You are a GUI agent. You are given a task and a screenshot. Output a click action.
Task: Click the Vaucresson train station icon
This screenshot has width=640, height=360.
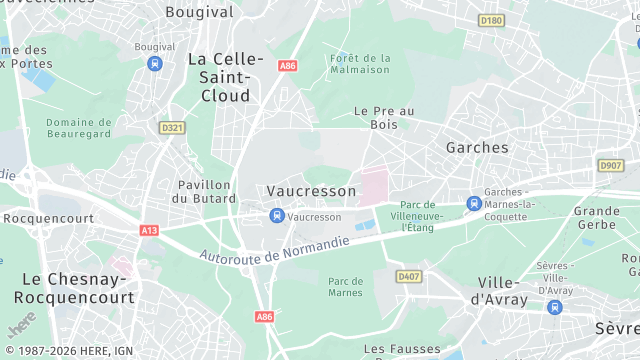pyautogui.click(x=276, y=216)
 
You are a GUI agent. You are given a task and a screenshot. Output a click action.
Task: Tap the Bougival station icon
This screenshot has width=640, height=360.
pyautogui.click(x=154, y=63)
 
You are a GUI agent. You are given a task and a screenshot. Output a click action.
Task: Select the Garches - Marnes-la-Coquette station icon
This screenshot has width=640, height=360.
pyautogui.click(x=474, y=203)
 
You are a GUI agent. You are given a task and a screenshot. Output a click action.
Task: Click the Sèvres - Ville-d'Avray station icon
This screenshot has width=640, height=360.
pyautogui.click(x=555, y=307)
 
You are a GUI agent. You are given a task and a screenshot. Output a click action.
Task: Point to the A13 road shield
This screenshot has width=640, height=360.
pyautogui.click(x=149, y=230)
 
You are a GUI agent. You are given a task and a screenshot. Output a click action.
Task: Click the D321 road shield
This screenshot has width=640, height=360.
pyautogui.click(x=172, y=128)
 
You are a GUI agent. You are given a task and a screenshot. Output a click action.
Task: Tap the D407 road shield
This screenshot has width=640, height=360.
pyautogui.click(x=407, y=276)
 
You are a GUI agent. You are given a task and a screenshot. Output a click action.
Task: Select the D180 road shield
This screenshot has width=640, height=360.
pyautogui.click(x=491, y=20)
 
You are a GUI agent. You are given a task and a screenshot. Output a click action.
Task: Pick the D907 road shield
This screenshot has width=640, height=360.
pyautogui.click(x=610, y=165)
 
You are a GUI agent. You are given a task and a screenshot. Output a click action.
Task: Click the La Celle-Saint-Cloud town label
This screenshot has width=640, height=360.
pyautogui.click(x=226, y=78)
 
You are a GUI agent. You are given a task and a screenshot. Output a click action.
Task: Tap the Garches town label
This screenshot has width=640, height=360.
pyautogui.click(x=477, y=147)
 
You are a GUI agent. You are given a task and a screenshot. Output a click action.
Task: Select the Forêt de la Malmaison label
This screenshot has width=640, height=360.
pyautogui.click(x=360, y=64)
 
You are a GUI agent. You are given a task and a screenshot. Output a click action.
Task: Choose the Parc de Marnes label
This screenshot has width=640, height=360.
pyautogui.click(x=345, y=288)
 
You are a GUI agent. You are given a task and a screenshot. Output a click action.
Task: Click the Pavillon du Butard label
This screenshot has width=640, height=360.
pyautogui.click(x=204, y=191)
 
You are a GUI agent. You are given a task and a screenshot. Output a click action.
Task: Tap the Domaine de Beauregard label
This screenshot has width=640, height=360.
pyautogui.click(x=78, y=129)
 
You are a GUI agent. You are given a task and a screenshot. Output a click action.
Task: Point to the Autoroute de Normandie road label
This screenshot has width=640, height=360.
pyautogui.click(x=274, y=251)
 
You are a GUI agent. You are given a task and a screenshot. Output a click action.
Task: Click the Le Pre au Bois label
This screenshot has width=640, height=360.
pyautogui.click(x=384, y=118)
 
